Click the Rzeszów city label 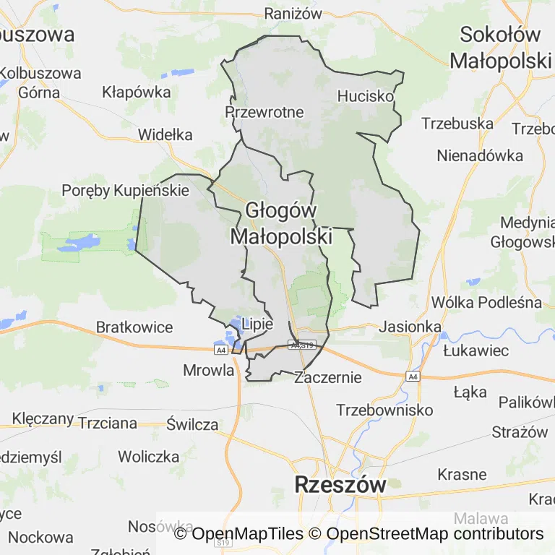coord(340,484)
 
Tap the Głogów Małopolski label coord(281,223)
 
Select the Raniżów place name coord(292,13)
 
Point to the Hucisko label coord(366,95)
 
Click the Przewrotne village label coord(264,112)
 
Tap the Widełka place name coord(165,134)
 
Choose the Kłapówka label coord(137,92)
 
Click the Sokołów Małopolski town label coord(500,48)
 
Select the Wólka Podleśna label coord(486,302)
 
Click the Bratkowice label coord(134,327)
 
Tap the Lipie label coord(257,324)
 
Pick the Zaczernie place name coord(327,377)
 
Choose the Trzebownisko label coord(384,410)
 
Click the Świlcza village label coord(192,424)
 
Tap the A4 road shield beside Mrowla coord(220,350)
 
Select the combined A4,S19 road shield coord(303,345)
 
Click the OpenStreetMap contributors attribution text coord(435,534)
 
